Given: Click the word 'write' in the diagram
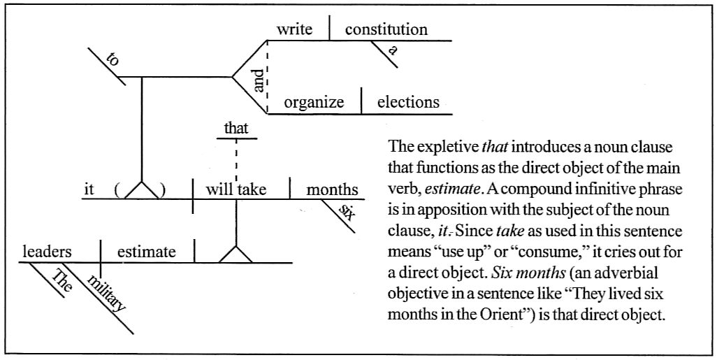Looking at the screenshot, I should (294, 30).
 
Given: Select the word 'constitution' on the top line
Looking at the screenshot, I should (386, 30).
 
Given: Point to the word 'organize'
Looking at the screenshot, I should (314, 103).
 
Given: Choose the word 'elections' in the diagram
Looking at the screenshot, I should (408, 103).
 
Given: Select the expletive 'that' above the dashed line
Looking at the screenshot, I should (236, 128).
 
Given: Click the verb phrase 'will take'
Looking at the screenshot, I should (236, 190).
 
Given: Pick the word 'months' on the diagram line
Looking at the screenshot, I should (333, 190).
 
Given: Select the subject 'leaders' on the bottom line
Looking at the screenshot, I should (47, 252).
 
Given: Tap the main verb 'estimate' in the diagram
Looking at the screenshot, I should (146, 252).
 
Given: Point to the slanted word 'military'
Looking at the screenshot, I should (108, 292).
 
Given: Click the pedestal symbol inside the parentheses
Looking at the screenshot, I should (143, 190).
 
